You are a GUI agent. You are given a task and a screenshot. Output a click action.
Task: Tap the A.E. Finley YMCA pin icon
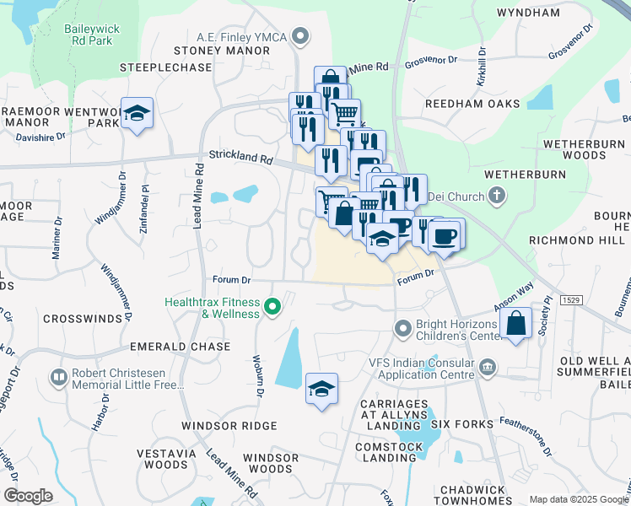point(301,36)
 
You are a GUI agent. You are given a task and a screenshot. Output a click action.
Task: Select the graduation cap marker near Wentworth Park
point(135,113)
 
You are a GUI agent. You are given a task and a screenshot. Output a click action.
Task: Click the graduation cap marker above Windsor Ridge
point(321,388)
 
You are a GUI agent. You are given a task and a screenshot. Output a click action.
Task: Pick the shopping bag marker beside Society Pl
point(515,323)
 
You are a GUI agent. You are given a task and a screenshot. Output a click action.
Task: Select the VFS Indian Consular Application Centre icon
point(488,367)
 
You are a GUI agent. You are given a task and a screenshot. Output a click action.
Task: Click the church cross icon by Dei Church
point(497,196)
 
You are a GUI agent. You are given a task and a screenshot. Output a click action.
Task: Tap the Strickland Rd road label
point(242,158)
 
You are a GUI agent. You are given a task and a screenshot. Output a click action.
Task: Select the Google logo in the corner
point(28,496)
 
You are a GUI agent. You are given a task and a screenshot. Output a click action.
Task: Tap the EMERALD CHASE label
point(180,347)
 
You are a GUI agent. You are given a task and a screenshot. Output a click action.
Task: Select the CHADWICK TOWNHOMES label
point(483,496)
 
